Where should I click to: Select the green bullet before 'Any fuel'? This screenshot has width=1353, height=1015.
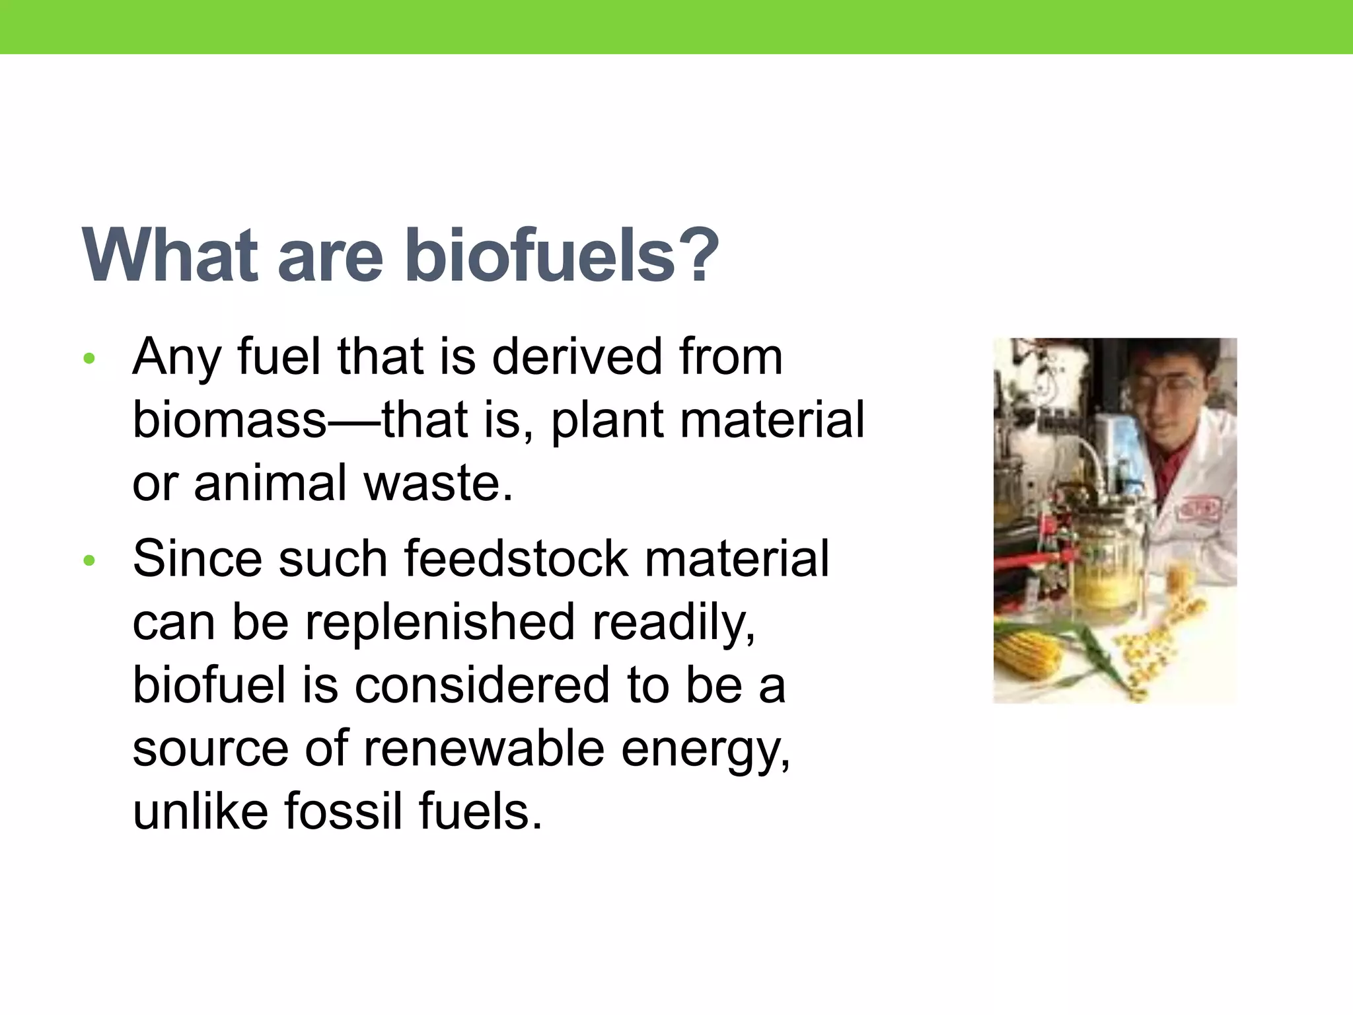click(x=89, y=359)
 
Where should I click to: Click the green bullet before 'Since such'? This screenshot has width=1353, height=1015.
click(x=89, y=561)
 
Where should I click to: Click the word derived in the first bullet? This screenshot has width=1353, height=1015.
click(x=576, y=357)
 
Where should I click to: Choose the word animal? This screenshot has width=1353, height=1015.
click(x=270, y=483)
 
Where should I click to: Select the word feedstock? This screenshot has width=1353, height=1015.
click(x=515, y=559)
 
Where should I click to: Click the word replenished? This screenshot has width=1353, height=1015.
click(x=439, y=622)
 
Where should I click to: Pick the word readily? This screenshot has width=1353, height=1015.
click(x=674, y=622)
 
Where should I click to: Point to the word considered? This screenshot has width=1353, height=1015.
click(x=482, y=685)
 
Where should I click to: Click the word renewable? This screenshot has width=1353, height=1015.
click(x=483, y=749)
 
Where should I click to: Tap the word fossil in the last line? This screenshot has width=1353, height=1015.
click(x=343, y=811)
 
